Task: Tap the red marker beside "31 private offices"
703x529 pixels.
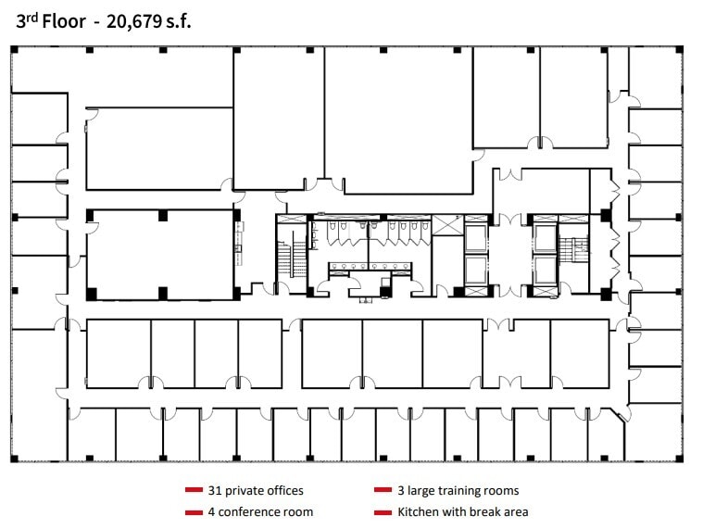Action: point(194,490)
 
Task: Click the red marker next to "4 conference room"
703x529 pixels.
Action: point(194,511)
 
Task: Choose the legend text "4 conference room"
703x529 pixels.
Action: point(261,511)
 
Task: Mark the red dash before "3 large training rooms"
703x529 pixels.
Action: point(383,490)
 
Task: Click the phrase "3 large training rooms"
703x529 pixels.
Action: point(458,490)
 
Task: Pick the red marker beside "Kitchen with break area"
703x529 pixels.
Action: point(383,511)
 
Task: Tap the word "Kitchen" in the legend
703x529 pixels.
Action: point(419,511)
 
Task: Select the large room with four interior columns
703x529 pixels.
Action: point(159,254)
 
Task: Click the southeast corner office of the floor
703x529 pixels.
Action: point(652,433)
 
